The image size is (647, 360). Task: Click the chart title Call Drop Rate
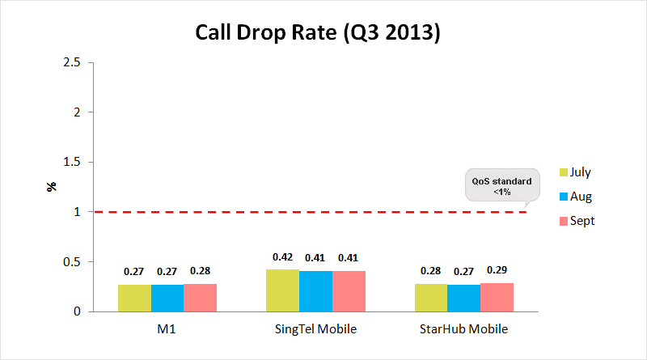tap(318, 34)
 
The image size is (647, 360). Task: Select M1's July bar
tap(134, 298)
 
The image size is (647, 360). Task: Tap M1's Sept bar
tap(200, 298)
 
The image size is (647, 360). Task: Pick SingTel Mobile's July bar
tap(282, 290)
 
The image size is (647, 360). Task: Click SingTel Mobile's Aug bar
tap(315, 291)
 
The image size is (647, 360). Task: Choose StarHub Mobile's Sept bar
tap(497, 297)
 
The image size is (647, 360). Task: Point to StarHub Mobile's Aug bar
tap(463, 298)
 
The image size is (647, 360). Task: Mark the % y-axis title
tap(51, 187)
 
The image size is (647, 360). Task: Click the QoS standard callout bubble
tap(501, 186)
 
